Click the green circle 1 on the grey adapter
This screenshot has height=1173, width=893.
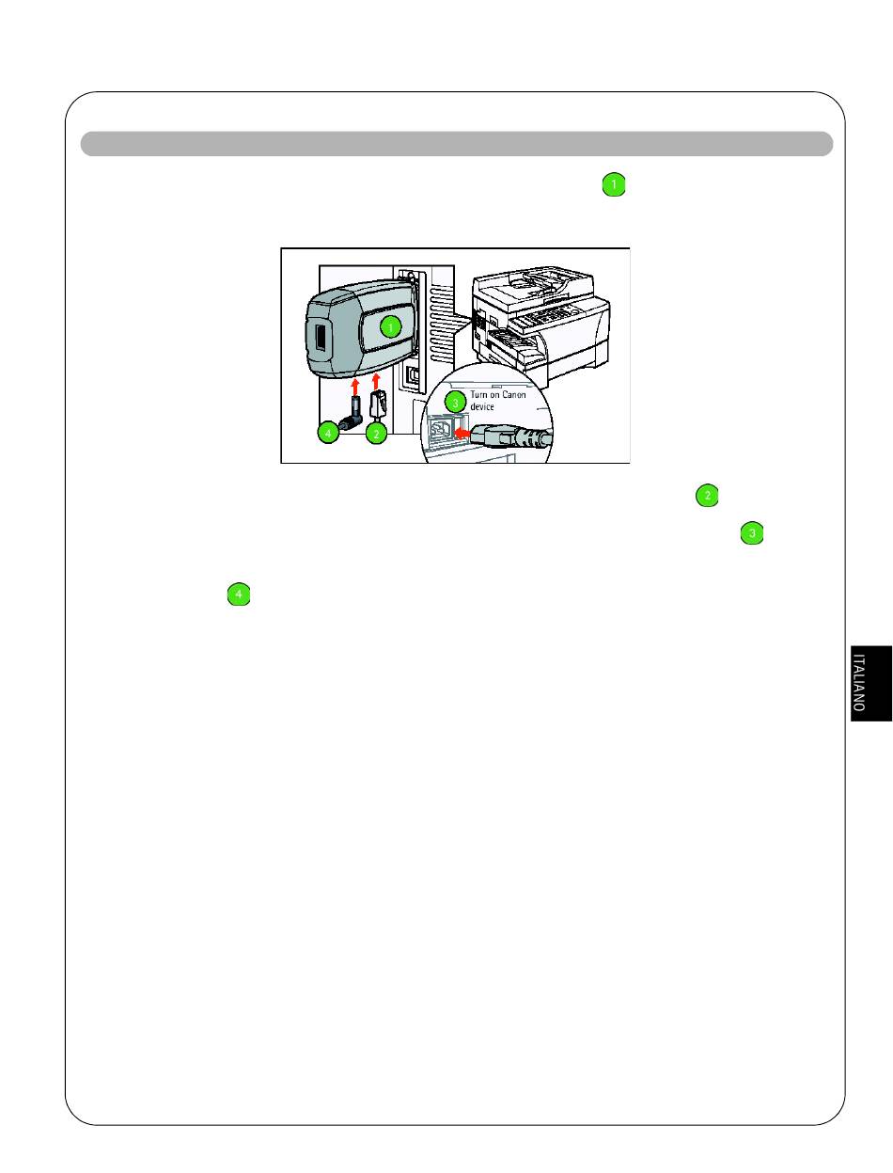click(391, 326)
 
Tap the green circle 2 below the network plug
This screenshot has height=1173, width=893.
click(376, 434)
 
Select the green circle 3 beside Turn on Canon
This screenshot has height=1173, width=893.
click(455, 403)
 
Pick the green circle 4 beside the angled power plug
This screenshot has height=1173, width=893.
click(328, 433)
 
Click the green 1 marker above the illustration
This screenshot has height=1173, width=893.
click(614, 184)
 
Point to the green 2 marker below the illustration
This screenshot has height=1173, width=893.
click(707, 496)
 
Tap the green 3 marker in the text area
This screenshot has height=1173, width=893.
click(752, 532)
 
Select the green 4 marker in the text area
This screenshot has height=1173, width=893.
click(239, 594)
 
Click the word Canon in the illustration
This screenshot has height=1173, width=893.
click(514, 395)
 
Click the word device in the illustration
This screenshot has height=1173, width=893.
click(482, 406)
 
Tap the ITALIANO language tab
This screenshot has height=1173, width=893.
click(870, 683)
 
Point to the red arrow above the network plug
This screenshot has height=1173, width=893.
click(376, 381)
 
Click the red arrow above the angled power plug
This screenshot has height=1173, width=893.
click(355, 387)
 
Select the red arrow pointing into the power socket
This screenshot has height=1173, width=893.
click(462, 433)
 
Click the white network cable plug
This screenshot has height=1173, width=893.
click(378, 404)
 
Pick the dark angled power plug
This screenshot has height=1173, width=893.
click(351, 414)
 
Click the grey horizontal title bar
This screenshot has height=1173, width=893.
click(457, 144)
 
